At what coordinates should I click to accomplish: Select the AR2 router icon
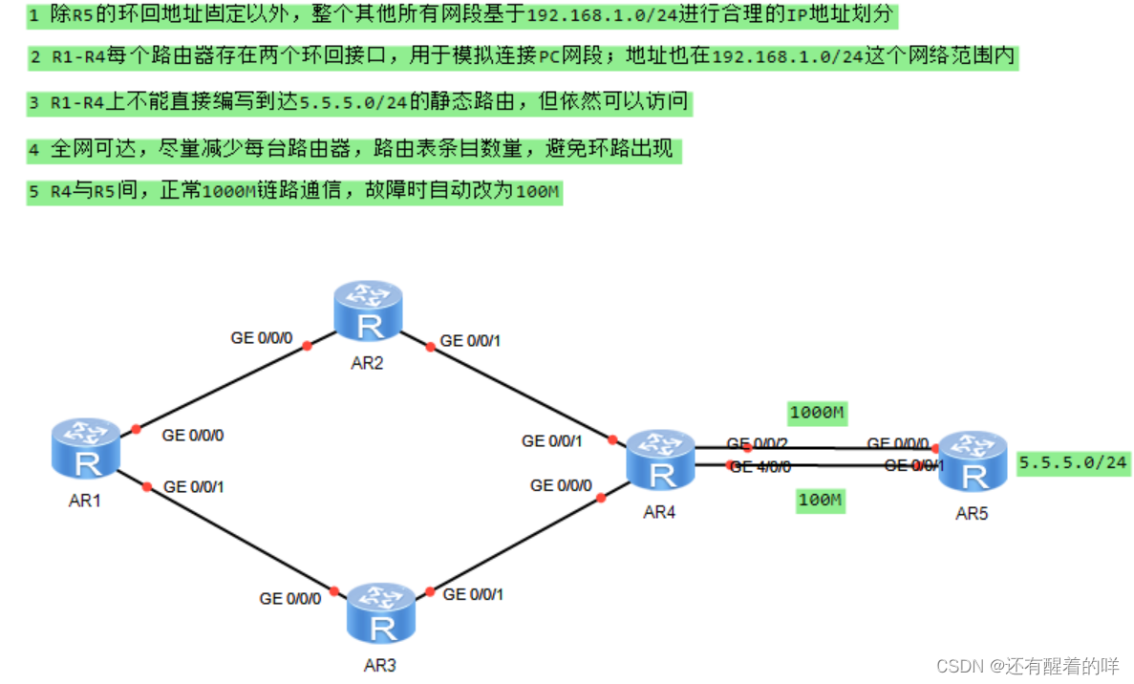[368, 310]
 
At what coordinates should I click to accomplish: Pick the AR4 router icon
[659, 460]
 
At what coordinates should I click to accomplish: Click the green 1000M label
[819, 413]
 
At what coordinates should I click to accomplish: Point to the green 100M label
[821, 500]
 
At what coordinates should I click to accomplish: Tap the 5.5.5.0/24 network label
[1073, 463]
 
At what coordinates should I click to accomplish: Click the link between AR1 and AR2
[222, 387]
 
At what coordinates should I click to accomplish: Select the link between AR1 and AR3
[239, 538]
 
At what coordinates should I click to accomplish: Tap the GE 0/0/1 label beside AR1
[194, 486]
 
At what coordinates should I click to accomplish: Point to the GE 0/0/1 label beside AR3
[473, 594]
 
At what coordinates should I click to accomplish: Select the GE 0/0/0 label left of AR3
[290, 599]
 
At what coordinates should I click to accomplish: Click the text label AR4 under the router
[659, 512]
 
